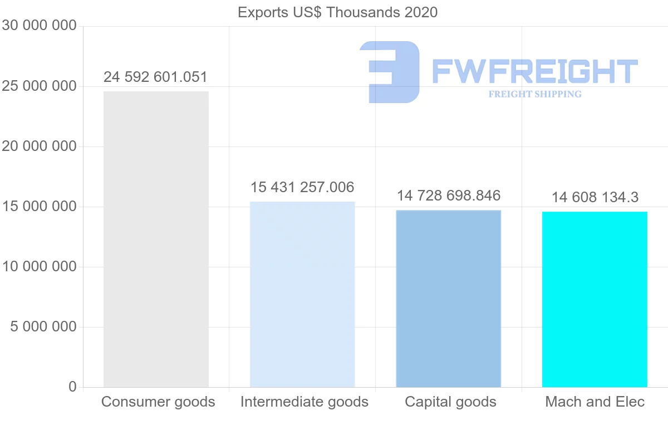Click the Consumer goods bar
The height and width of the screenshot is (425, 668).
156,239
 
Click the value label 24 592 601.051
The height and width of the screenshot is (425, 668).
155,77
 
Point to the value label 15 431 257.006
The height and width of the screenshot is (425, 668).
302,187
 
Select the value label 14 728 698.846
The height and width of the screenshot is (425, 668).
449,196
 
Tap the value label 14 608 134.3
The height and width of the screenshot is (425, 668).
595,197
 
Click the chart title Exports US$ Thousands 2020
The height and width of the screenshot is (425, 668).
338,12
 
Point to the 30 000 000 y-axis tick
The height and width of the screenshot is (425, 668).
39,26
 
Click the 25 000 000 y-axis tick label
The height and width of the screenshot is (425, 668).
39,86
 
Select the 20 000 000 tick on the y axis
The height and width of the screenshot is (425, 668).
39,146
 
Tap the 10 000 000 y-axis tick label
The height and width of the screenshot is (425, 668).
39,267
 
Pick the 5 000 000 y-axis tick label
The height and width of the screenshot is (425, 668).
43,327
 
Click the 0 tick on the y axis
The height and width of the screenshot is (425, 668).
72,387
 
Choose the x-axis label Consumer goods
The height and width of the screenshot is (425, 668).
158,402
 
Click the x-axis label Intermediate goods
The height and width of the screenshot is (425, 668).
304,402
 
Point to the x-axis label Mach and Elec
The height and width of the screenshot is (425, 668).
595,402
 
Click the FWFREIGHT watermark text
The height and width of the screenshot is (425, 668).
534,71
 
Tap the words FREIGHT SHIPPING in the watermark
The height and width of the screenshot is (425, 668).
535,94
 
